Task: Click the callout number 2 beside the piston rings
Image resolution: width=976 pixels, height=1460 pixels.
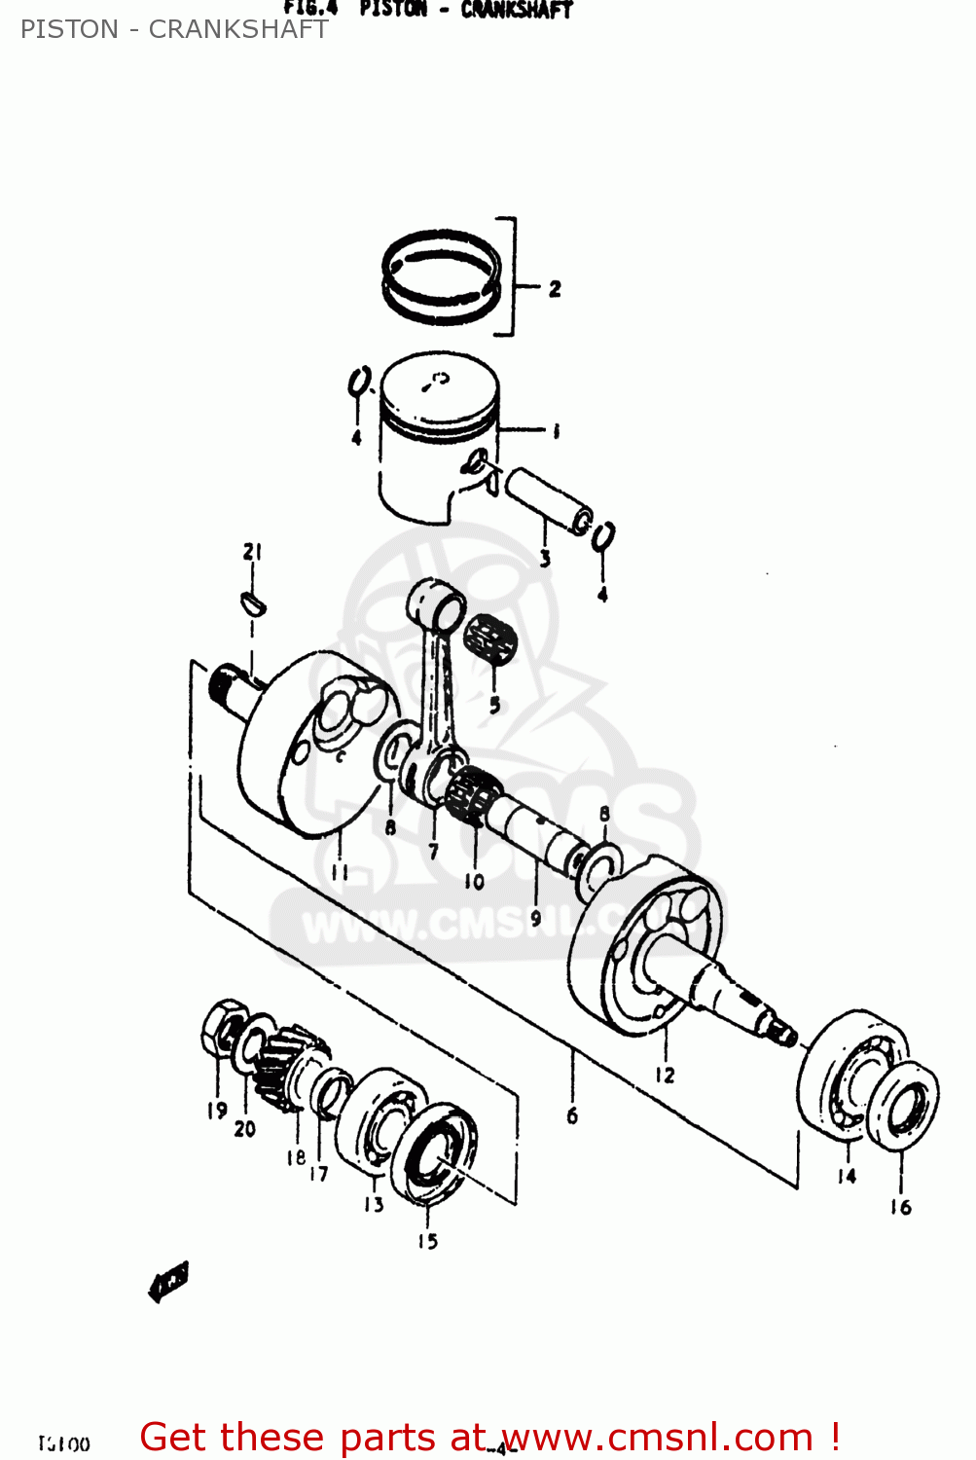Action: (555, 289)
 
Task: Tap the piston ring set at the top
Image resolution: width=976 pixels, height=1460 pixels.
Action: (442, 276)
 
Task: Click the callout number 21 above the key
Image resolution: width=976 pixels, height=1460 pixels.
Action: (253, 551)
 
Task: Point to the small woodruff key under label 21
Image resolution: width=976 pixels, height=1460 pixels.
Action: (253, 602)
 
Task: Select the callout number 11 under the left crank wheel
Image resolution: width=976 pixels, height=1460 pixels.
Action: (340, 871)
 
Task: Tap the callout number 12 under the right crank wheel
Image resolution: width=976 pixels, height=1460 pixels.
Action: (665, 1075)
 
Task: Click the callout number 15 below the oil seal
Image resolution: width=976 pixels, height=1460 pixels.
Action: (427, 1241)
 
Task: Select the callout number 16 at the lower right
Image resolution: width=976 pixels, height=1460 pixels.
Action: (900, 1207)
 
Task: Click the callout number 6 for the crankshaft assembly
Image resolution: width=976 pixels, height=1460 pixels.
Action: (572, 1115)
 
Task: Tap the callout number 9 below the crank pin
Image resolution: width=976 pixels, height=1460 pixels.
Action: (535, 918)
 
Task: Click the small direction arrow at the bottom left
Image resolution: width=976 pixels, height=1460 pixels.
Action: (168, 1281)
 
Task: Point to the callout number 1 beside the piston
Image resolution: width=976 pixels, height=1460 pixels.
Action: (556, 430)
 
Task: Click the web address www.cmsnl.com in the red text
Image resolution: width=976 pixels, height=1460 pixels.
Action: (657, 1438)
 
